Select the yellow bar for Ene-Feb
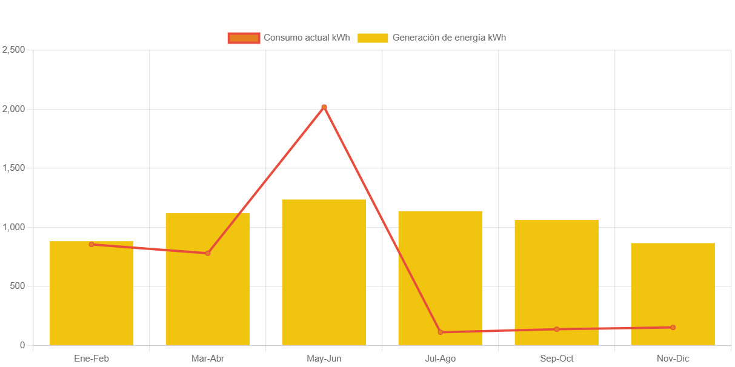coord(91,297)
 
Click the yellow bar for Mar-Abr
coord(208,291)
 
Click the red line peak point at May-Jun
coord(324,107)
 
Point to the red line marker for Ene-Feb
coord(91,244)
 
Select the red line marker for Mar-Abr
coord(208,253)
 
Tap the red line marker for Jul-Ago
coord(441,332)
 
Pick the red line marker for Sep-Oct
coord(556,329)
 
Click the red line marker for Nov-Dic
coord(673,328)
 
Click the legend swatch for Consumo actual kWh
coord(244,38)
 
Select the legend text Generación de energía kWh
coord(449,38)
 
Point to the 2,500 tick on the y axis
coord(13,50)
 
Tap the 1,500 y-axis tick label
coord(13,168)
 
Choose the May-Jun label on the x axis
coord(324,359)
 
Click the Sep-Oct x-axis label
coord(556,359)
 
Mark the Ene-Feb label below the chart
coord(91,359)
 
